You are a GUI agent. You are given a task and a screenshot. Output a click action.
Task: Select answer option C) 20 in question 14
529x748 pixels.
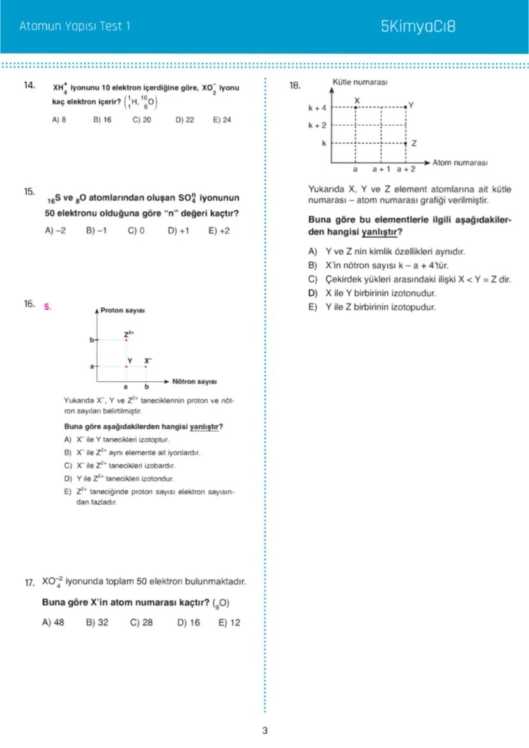(142, 119)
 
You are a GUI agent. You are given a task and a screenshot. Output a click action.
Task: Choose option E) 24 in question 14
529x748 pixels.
(222, 119)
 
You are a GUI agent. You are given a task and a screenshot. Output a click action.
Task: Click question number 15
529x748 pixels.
(29, 191)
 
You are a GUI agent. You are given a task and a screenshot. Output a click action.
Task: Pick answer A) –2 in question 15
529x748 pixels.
(56, 231)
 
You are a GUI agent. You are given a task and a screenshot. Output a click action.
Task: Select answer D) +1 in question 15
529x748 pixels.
(178, 231)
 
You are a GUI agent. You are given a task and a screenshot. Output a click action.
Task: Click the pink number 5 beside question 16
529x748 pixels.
(47, 306)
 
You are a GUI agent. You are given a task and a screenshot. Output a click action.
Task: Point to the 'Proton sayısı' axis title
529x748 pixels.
(123, 310)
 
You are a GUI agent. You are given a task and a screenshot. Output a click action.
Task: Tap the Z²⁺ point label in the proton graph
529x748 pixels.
(128, 333)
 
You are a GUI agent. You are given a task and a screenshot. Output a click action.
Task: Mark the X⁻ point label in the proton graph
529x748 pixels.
(148, 360)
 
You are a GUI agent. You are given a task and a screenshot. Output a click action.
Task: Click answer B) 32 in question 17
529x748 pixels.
(97, 623)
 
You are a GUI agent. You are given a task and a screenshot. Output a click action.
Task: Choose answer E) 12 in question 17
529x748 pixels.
(229, 623)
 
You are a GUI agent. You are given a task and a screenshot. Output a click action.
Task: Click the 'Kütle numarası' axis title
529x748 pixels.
(360, 82)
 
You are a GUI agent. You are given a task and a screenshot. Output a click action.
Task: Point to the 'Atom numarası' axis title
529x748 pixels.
(460, 163)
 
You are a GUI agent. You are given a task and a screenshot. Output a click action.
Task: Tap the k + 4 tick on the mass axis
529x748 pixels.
(317, 108)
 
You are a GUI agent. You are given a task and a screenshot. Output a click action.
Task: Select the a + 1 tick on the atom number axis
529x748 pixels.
(381, 171)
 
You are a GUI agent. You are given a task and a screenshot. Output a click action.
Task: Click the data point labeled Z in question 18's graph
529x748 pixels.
(406, 144)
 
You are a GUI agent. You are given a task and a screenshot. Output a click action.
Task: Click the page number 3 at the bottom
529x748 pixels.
(264, 731)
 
